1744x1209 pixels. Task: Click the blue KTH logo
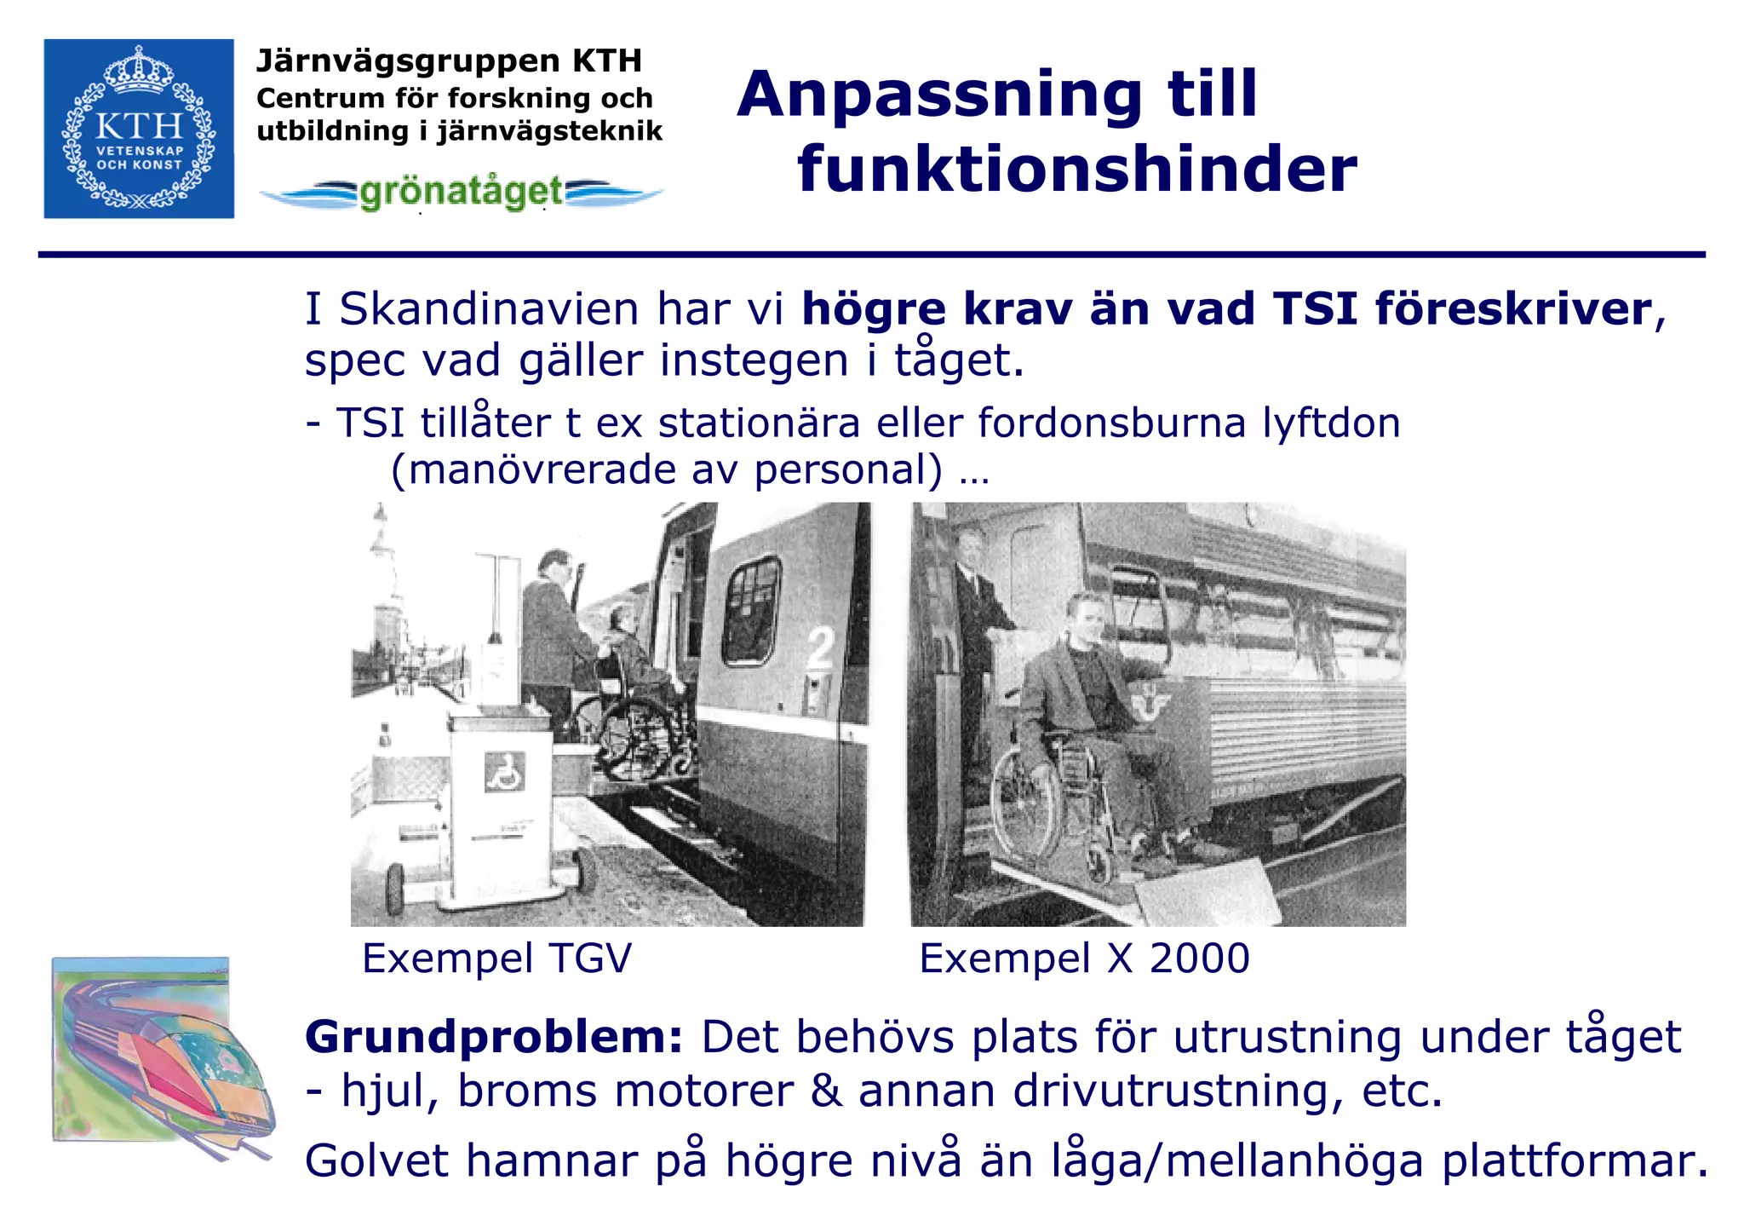tap(139, 129)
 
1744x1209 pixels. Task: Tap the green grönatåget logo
tap(461, 193)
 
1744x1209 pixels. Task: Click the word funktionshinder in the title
tap(1076, 169)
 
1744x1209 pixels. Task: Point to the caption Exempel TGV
tap(496, 959)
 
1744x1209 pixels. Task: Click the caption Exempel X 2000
tap(1084, 959)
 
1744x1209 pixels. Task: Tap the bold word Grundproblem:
tap(494, 1038)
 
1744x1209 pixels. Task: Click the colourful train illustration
tap(162, 1056)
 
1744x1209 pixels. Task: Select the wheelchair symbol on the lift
tap(504, 772)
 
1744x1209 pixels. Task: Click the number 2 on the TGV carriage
tap(820, 649)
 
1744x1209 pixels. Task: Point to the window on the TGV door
tap(750, 610)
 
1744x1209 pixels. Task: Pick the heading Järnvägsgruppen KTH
tap(449, 61)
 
